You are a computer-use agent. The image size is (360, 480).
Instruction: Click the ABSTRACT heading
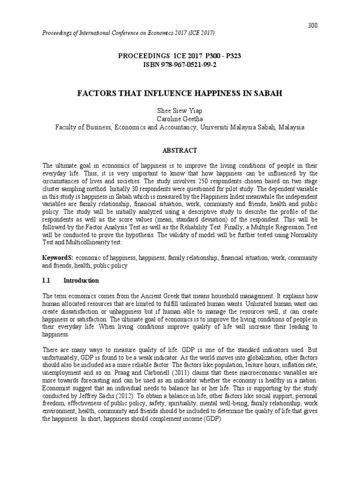pyautogui.click(x=180, y=150)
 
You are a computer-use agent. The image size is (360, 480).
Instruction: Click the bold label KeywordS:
pyautogui.click(x=58, y=258)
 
